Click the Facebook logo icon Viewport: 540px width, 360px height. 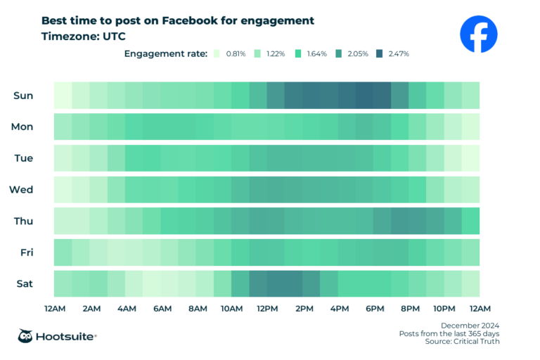(478, 34)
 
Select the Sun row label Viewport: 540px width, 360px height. (23, 95)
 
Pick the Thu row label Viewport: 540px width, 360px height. (23, 221)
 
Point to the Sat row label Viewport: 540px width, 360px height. (24, 283)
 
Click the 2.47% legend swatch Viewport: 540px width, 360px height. (380, 53)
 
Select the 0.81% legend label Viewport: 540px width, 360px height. (236, 53)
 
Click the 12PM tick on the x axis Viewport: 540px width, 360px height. (268, 309)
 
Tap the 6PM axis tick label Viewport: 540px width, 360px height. (375, 309)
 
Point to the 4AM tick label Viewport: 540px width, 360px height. (127, 309)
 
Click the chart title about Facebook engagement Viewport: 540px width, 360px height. (178, 20)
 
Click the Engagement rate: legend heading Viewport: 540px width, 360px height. (166, 53)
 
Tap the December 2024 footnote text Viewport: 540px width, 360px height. (470, 324)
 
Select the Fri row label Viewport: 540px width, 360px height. (23, 252)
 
